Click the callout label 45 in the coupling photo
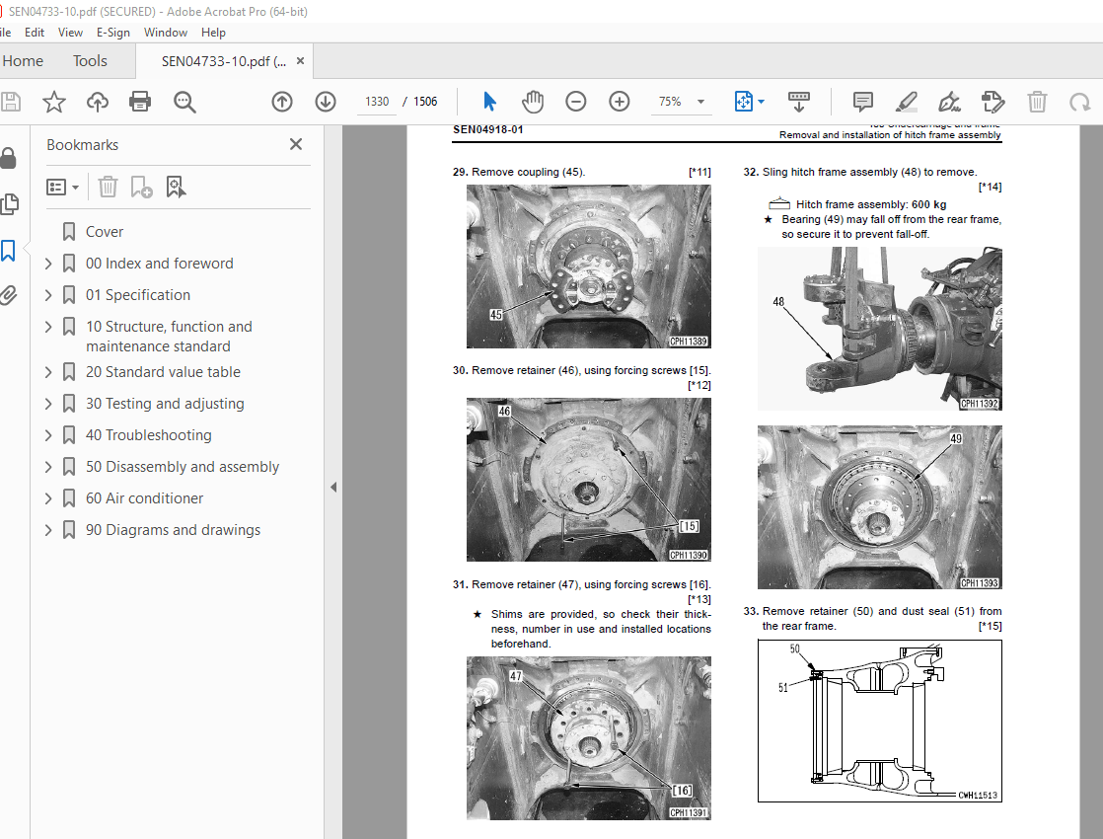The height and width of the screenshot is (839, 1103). coord(496,314)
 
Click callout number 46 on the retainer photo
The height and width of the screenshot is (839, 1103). coord(504,411)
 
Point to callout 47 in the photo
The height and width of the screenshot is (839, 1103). coord(517,676)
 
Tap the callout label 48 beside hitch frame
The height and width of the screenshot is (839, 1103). coord(779,302)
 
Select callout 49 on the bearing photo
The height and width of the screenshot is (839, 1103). coord(956,438)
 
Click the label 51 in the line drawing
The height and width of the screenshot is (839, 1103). coord(782,688)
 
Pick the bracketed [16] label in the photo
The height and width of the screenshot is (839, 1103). coord(682,790)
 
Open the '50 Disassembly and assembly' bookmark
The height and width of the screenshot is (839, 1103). coord(182,467)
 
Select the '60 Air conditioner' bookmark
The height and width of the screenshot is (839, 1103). coord(144,498)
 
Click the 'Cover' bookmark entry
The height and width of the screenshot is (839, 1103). coord(105,232)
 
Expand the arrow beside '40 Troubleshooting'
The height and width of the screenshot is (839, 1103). coord(48,435)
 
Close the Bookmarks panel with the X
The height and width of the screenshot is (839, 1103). coord(295,144)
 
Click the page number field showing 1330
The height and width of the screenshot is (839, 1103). coord(377,102)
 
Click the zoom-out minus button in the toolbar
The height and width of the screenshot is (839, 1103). coord(576,102)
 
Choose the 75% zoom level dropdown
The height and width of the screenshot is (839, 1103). coord(682,102)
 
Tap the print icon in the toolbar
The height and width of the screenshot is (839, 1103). coord(140,102)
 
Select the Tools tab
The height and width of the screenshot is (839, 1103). coord(90,61)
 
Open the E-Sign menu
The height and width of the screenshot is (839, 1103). coord(112,32)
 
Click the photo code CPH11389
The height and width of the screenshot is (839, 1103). coord(689,342)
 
